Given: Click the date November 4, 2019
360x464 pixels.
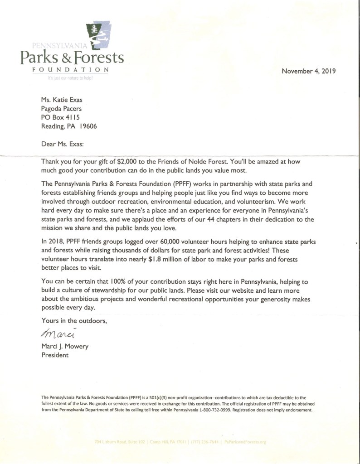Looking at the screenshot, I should [x=308, y=71].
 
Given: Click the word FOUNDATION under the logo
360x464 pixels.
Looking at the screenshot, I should [x=70, y=70].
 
